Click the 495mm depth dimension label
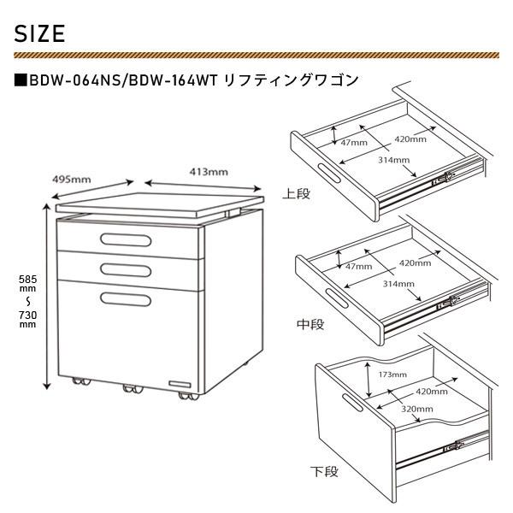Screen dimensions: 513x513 [72, 180]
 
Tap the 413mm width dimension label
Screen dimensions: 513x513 [209, 172]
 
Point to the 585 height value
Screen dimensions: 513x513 [28, 279]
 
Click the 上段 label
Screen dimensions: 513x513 [297, 194]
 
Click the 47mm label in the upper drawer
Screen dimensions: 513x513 [353, 142]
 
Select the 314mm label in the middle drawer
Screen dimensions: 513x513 [397, 283]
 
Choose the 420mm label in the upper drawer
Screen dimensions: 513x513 [410, 138]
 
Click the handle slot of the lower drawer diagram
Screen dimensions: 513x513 [351, 402]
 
